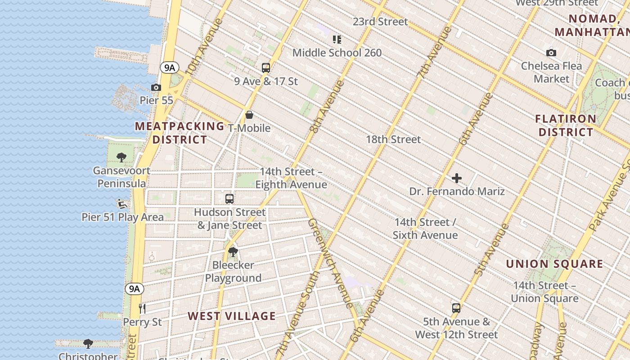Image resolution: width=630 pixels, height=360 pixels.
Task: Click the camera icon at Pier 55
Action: pyautogui.click(x=156, y=87)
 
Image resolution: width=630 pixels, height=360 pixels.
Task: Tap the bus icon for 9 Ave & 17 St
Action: pyautogui.click(x=266, y=68)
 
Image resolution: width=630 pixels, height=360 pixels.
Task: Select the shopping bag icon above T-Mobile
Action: pyautogui.click(x=249, y=115)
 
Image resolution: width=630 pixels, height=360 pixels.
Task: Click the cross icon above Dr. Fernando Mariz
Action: pyautogui.click(x=457, y=178)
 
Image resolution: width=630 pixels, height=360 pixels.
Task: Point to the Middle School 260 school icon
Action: pyautogui.click(x=337, y=40)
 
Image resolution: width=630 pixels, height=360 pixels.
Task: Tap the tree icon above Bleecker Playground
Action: pyautogui.click(x=233, y=252)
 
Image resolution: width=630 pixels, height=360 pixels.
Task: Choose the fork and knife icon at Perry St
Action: pyautogui.click(x=142, y=308)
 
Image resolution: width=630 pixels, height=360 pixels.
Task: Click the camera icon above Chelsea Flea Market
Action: pyautogui.click(x=551, y=53)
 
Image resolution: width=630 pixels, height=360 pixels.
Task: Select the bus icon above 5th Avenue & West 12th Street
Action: pyautogui.click(x=456, y=308)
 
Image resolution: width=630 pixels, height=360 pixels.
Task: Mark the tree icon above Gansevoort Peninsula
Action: pyautogui.click(x=121, y=157)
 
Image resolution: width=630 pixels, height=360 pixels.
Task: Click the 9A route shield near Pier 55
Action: pyautogui.click(x=170, y=68)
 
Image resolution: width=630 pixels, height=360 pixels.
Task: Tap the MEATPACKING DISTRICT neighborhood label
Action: pyautogui.click(x=180, y=133)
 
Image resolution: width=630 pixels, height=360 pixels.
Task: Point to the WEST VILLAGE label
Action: pyautogui.click(x=231, y=316)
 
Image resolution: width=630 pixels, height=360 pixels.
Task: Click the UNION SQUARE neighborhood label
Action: pyautogui.click(x=554, y=264)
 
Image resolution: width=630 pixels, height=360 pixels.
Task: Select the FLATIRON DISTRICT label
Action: pyautogui.click(x=566, y=126)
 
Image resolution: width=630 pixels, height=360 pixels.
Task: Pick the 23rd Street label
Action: pyautogui.click(x=380, y=22)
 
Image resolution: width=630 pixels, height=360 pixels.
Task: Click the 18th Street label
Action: pyautogui.click(x=393, y=139)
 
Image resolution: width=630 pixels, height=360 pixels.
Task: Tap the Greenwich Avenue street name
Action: pyautogui.click(x=330, y=263)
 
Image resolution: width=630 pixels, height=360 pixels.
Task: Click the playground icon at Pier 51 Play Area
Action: pyautogui.click(x=121, y=204)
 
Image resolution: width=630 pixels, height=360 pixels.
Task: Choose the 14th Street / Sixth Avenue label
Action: pyautogui.click(x=425, y=229)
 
